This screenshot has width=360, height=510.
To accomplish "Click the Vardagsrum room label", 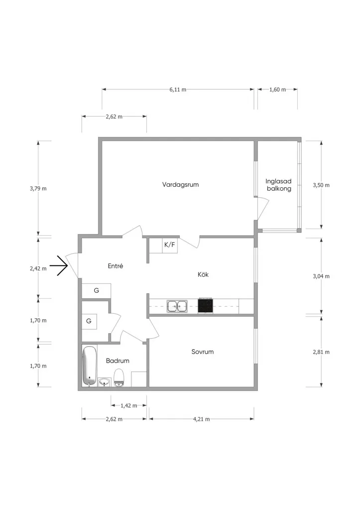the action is click(180, 185).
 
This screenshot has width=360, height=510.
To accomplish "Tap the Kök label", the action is click(203, 274).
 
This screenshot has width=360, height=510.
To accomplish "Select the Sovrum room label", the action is click(202, 352).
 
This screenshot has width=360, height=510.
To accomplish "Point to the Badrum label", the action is click(118, 361).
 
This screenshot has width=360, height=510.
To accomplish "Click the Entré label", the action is click(116, 266).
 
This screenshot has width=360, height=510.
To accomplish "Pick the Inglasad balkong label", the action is click(279, 185).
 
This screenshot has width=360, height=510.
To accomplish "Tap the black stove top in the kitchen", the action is click(206, 306).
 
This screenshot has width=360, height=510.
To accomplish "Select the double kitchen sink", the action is click(177, 306).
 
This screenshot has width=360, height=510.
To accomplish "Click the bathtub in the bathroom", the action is click(90, 366).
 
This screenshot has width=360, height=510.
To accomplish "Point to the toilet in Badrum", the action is click(120, 378).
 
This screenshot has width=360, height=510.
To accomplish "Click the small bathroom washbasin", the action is click(105, 382).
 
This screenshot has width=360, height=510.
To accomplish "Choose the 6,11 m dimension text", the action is click(178, 90).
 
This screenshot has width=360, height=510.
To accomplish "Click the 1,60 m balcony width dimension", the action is click(277, 90).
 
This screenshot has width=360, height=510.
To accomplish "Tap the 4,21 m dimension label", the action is click(201, 419).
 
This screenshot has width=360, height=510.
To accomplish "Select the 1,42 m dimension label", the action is click(129, 405).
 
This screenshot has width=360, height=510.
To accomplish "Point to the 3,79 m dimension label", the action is click(38, 188).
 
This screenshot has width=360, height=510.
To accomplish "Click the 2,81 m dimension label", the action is click(321, 352).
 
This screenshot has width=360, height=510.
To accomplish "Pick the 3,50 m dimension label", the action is click(321, 185).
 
